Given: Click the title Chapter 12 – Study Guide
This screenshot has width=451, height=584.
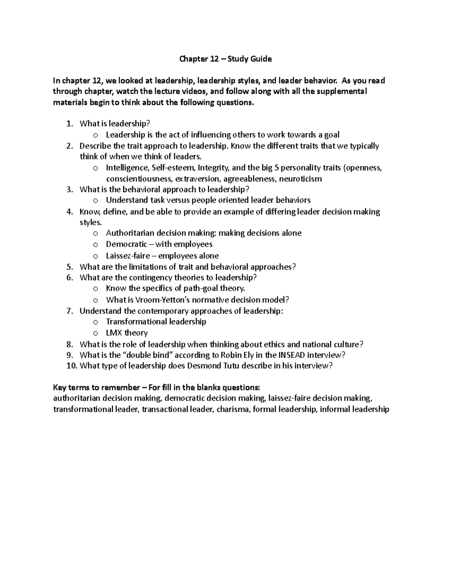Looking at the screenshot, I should click(x=225, y=59).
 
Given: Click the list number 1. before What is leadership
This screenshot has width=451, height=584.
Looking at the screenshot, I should click(x=69, y=124).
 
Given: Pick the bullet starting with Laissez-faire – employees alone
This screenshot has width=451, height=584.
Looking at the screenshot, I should click(x=162, y=256).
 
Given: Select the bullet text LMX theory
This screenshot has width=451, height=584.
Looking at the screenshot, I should click(x=127, y=333).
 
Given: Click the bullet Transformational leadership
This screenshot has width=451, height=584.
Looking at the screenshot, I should click(x=156, y=322).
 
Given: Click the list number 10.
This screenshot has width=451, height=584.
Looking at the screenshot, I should click(x=71, y=366).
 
